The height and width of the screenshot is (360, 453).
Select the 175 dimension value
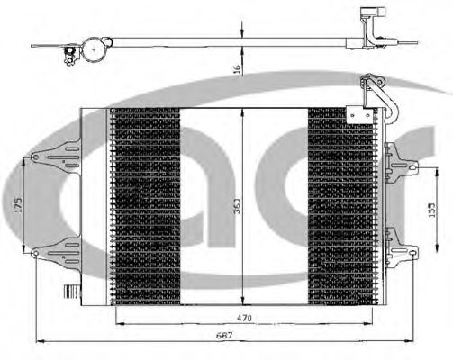pos(17,205)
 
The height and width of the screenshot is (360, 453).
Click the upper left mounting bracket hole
pos(34,158)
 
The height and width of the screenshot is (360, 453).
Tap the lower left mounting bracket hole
pos(34,253)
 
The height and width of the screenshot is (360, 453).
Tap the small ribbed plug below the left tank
pos(67,291)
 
